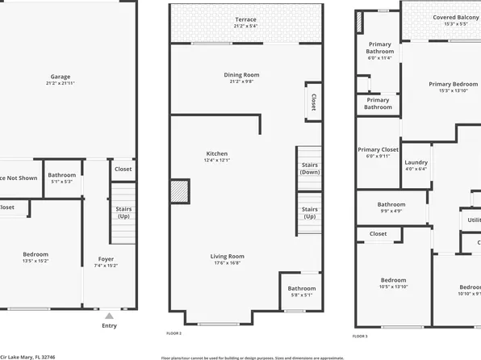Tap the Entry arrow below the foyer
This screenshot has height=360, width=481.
[x=109, y=316]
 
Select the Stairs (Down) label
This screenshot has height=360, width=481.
[x=309, y=168]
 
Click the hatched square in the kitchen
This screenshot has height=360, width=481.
[x=179, y=191]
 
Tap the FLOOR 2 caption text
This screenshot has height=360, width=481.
[x=174, y=333]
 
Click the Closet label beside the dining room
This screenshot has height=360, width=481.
[x=312, y=102]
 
